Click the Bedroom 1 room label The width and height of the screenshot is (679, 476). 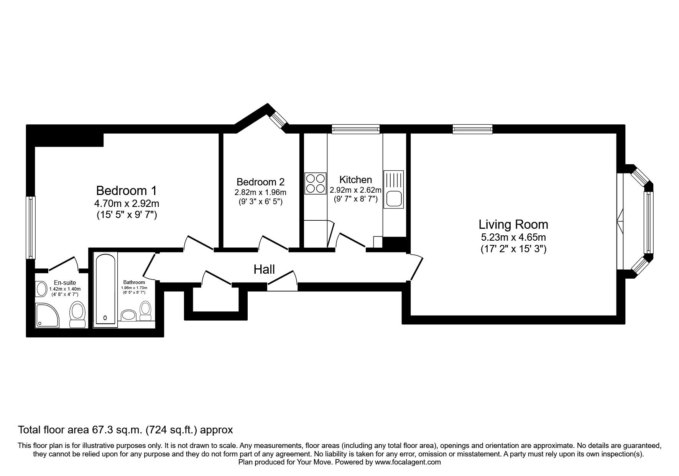[126, 190]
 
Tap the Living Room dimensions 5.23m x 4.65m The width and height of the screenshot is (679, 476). [513, 237]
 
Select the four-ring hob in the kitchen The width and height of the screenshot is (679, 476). [315, 183]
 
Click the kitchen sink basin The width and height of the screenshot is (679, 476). [393, 200]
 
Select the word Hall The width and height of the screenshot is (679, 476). [264, 269]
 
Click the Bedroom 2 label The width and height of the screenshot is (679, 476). [260, 182]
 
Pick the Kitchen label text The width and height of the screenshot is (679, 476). [355, 179]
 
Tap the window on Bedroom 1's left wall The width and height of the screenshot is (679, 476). [31, 228]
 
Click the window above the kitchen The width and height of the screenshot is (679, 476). [355, 129]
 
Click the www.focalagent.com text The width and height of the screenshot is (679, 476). [408, 462]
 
